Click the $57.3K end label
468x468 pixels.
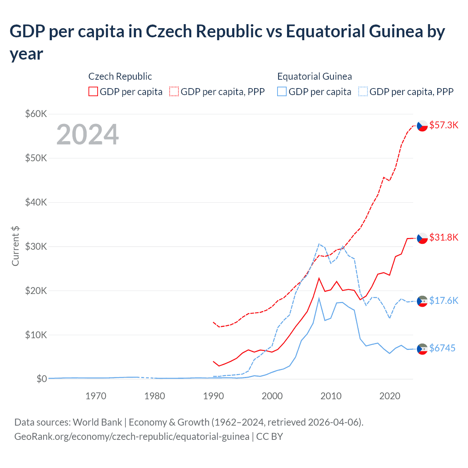pos(444,125)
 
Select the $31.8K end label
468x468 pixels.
pos(444,237)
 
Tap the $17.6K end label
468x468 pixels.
pos(444,301)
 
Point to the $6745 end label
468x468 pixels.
pos(442,348)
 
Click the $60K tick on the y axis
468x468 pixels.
pos(36,114)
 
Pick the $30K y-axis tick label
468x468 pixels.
pos(36,246)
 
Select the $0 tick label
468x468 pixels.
pos(42,379)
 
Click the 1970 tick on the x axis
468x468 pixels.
pos(96,396)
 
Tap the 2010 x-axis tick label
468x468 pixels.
pos(331,396)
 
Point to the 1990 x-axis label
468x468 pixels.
pos(214,396)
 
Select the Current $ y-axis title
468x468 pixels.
pos(15,246)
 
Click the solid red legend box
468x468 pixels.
pos(93,91)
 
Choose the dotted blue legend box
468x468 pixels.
pos(363,91)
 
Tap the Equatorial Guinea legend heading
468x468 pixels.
pos(314,76)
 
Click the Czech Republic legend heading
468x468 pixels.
pos(120,76)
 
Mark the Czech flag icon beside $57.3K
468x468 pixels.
pos(422,126)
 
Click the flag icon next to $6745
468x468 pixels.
pos(422,349)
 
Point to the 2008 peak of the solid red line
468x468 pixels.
pos(319,278)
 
